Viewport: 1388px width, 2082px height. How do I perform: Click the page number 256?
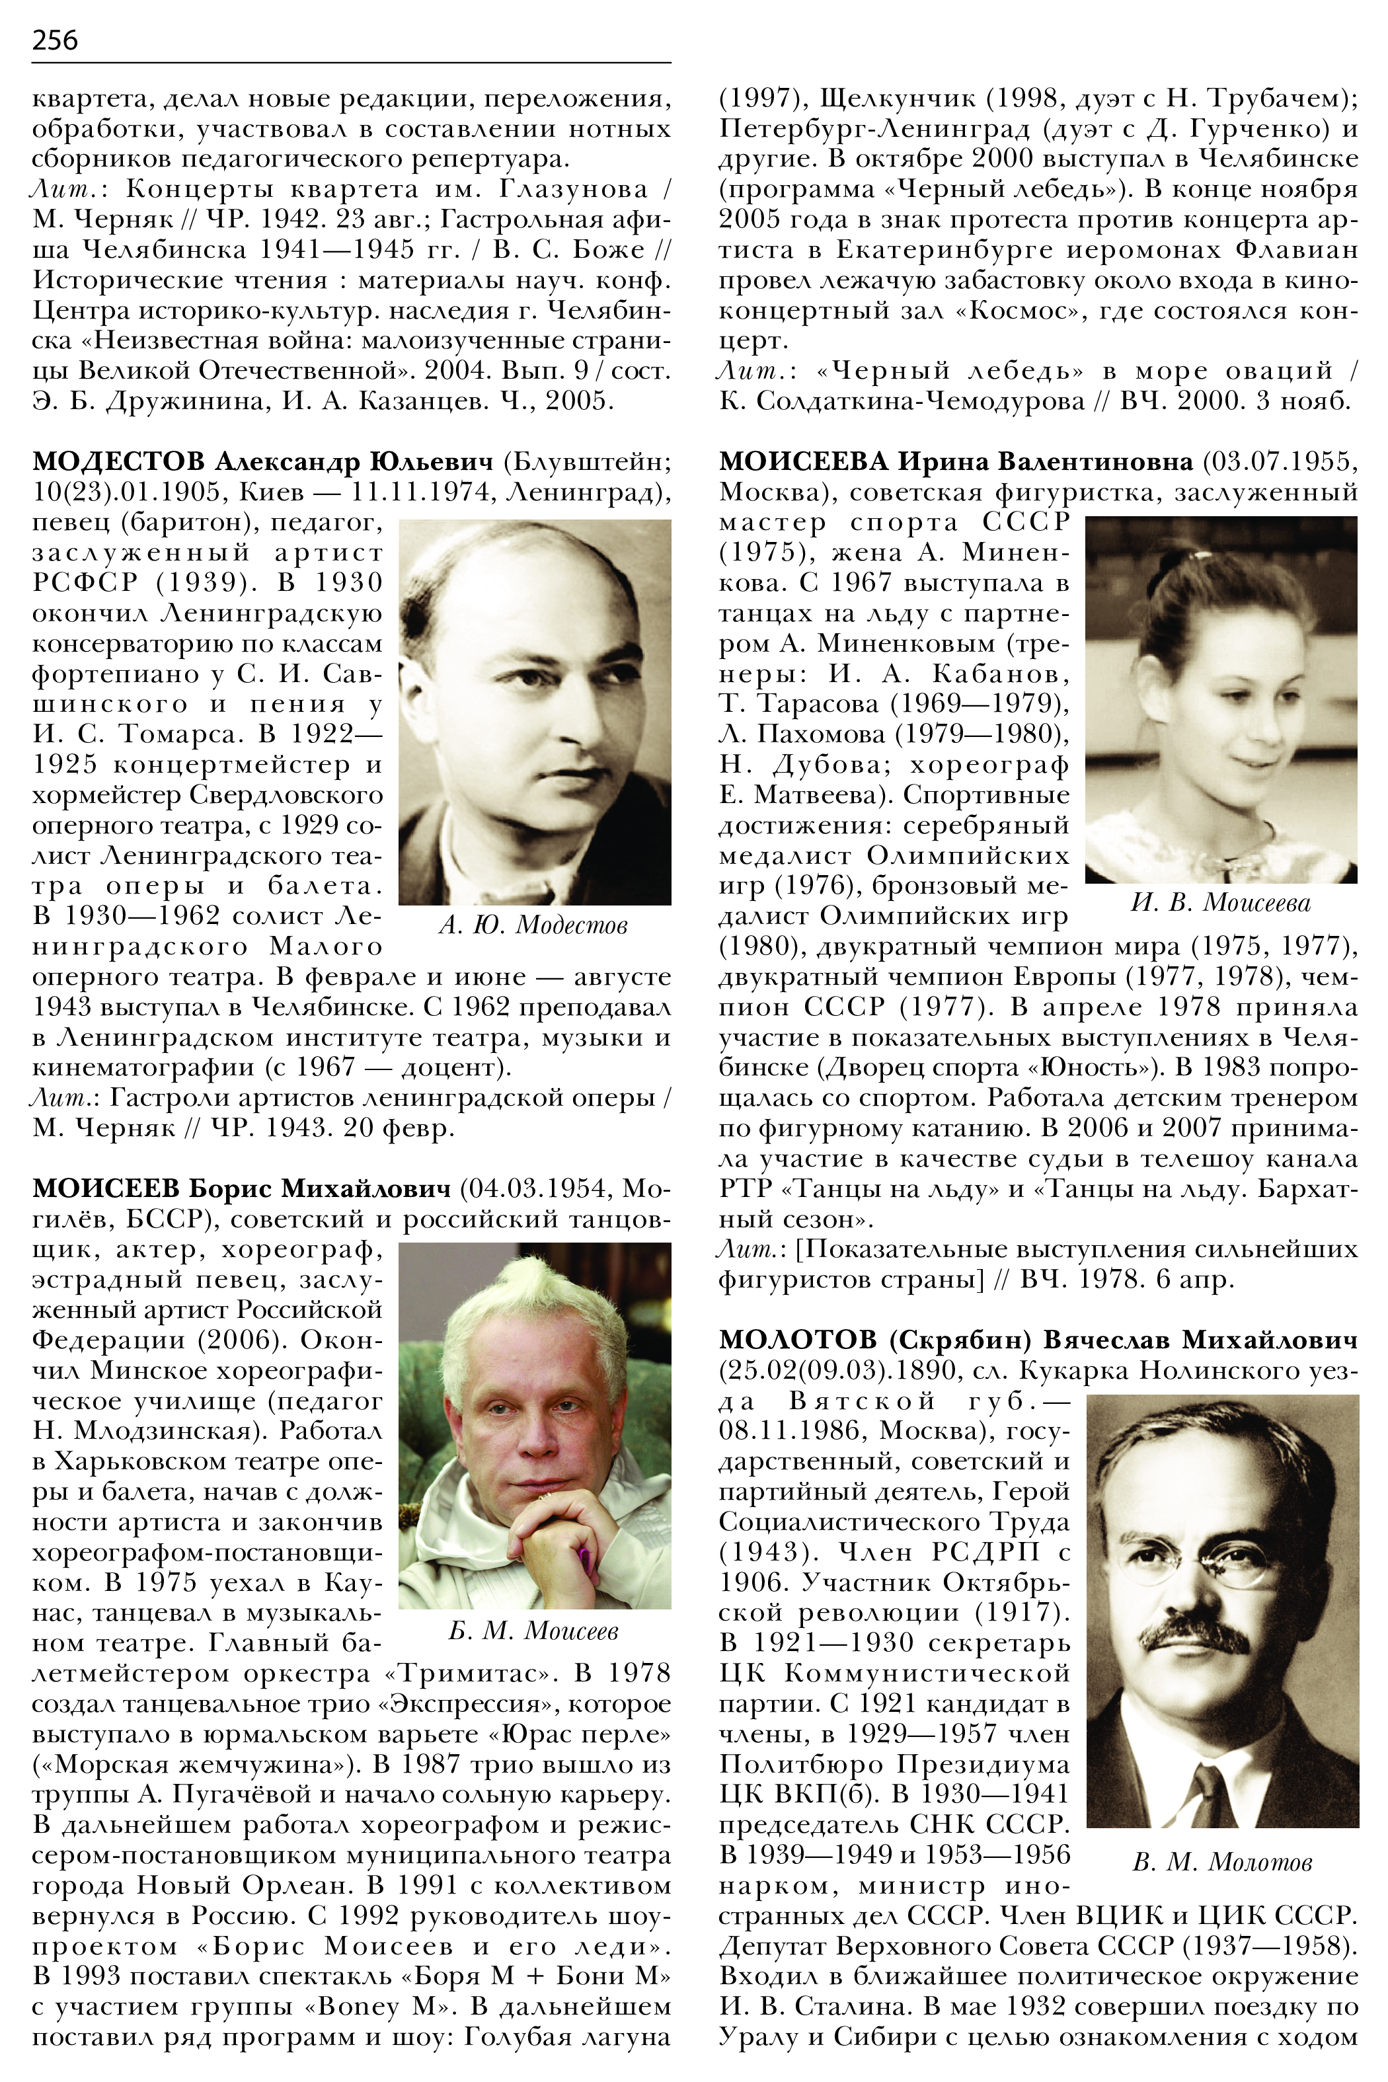tap(55, 40)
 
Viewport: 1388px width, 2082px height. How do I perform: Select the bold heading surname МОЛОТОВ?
tap(798, 1339)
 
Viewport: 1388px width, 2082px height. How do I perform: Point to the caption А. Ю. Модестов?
tap(533, 926)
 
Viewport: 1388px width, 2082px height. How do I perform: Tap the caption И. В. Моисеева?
tap(1221, 903)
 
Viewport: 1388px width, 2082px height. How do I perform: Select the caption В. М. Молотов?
tap(1221, 1863)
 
